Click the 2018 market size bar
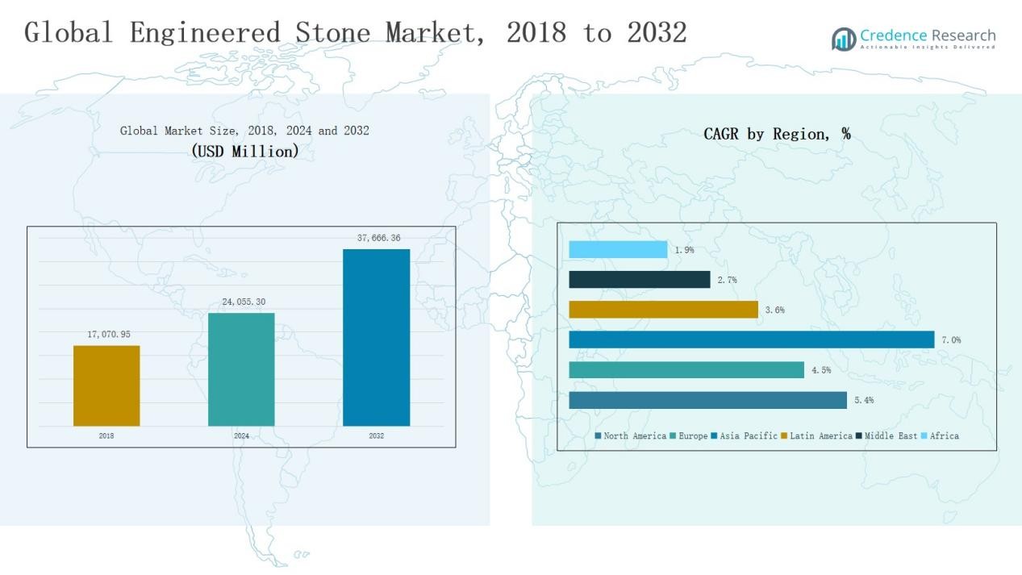[x=106, y=385]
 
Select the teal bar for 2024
[x=241, y=369]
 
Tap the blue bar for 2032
[x=376, y=337]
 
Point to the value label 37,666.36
[x=378, y=238]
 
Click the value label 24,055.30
[x=244, y=302]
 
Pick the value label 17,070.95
[x=109, y=334]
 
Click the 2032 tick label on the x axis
[x=376, y=436]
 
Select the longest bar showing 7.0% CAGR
[x=751, y=340]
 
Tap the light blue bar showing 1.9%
[x=618, y=250]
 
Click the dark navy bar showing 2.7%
[x=640, y=280]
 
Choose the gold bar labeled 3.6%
[x=663, y=310]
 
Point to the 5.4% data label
[x=864, y=400]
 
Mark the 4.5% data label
[x=821, y=370]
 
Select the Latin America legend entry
[x=816, y=436]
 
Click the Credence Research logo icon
[x=844, y=39]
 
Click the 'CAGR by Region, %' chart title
[x=777, y=134]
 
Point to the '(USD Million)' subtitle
[x=245, y=151]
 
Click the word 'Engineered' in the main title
[x=205, y=32]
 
